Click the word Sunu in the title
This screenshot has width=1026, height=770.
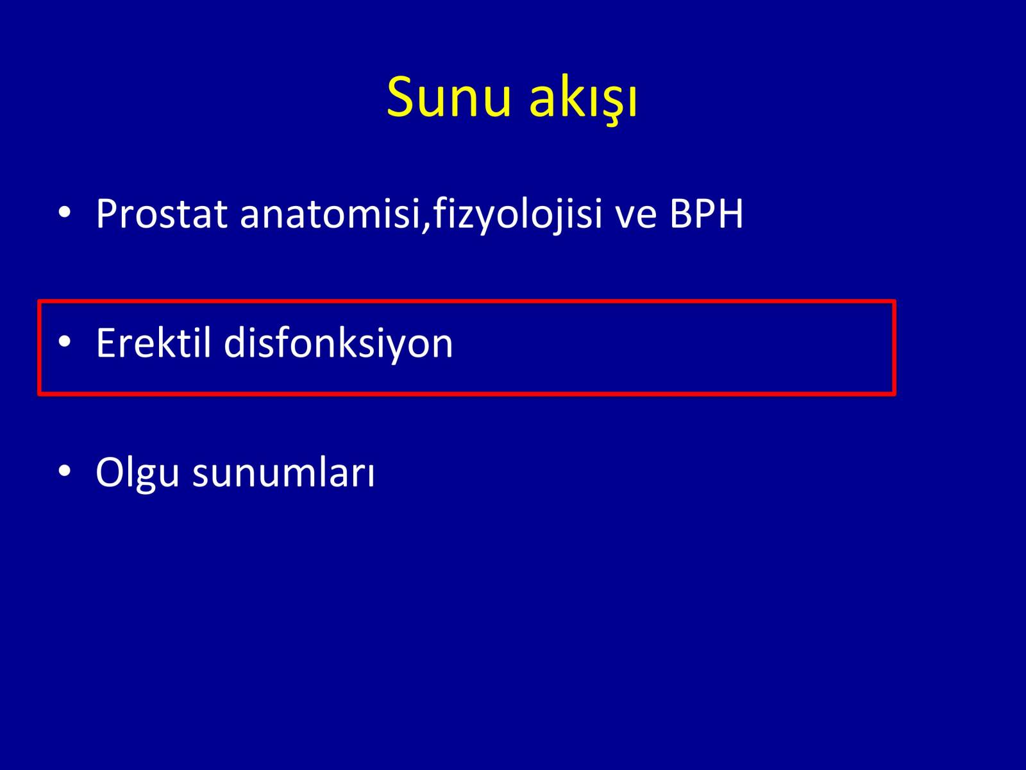coord(448,97)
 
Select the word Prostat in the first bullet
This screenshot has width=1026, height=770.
coord(162,214)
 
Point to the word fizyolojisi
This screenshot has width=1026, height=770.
coord(517,215)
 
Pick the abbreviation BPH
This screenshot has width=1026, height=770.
coord(706,214)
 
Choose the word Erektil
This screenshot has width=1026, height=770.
coord(153,343)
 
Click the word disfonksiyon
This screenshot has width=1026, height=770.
coord(338,344)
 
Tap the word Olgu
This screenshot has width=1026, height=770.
coord(137,473)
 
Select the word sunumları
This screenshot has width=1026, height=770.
coord(283,472)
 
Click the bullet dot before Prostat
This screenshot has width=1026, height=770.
coord(65,213)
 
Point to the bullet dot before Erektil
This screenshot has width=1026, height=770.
coord(65,342)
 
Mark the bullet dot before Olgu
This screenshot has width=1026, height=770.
coord(65,471)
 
